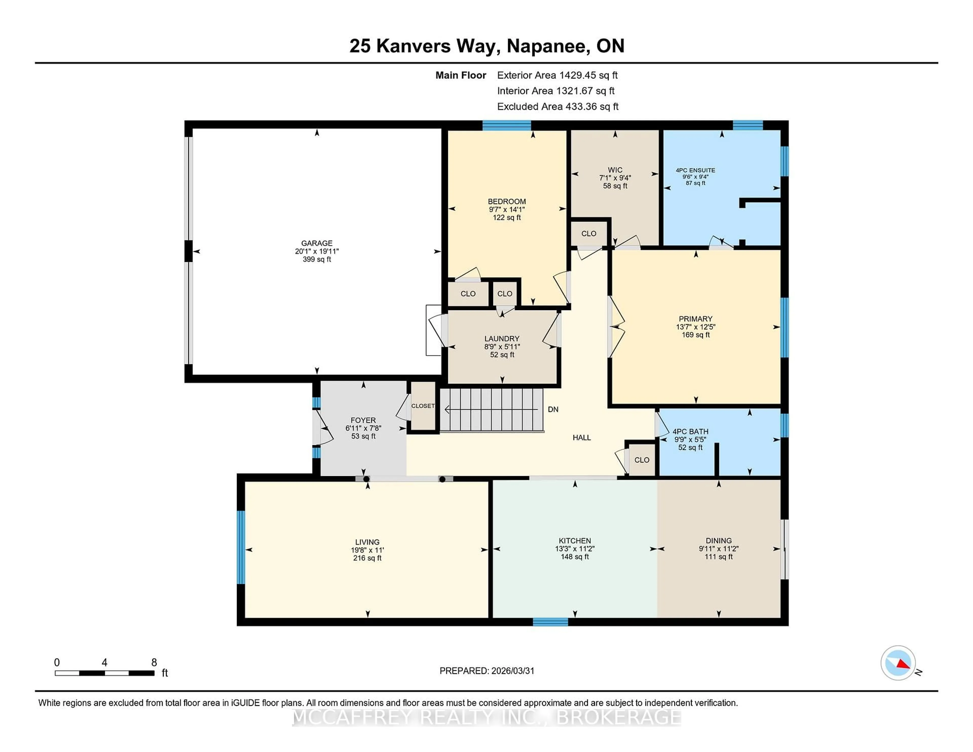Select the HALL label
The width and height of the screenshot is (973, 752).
(582, 438)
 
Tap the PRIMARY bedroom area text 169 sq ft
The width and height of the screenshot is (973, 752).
(696, 334)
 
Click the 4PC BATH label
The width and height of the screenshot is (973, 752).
(690, 431)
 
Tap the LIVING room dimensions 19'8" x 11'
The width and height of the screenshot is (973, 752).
(367, 550)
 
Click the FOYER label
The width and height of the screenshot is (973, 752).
(363, 420)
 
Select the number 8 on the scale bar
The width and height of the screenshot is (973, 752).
(154, 663)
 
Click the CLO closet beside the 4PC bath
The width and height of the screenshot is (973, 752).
(642, 460)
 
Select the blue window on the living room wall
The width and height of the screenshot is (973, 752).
(240, 547)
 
